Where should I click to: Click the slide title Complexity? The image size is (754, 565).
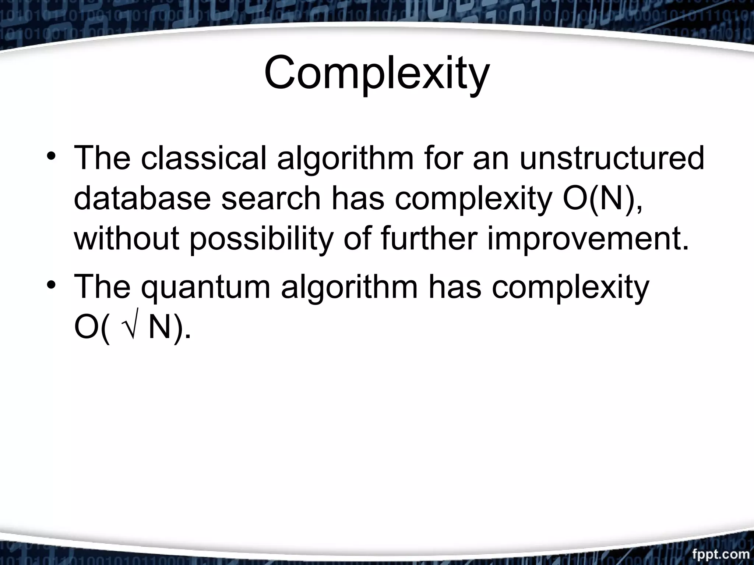[x=377, y=74]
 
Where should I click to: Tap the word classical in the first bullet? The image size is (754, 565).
[x=203, y=158]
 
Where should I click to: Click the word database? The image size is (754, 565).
[x=142, y=199]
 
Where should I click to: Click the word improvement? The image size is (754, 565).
[x=588, y=239]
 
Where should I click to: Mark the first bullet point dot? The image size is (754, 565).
[x=52, y=159]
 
